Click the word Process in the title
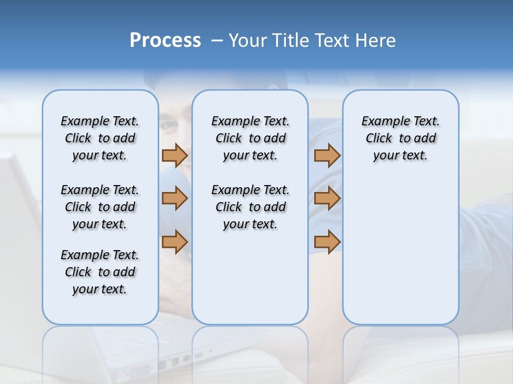pos(165,41)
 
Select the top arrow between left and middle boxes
pos(175,156)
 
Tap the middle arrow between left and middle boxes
pos(175,199)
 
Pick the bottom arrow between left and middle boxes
pos(175,242)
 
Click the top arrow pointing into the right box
pos(327,156)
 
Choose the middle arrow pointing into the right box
pos(327,199)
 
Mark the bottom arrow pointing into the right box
pos(327,242)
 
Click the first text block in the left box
pos(100,138)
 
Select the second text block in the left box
pos(100,207)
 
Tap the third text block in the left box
pos(100,272)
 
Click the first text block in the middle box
pos(250,138)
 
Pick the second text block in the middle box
pos(250,207)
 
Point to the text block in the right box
pos(400,138)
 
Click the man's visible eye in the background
pos(173,126)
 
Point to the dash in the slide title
pos(217,41)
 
